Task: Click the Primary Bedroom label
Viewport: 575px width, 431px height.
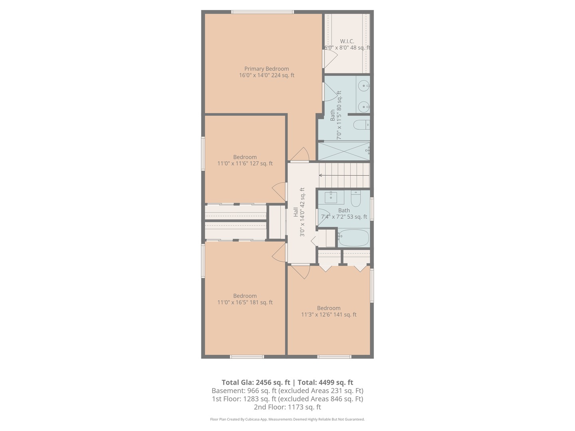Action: point(266,69)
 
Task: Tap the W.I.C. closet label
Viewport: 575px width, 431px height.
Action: point(347,42)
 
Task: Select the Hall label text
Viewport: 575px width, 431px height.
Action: point(296,212)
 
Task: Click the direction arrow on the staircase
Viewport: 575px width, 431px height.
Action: point(344,175)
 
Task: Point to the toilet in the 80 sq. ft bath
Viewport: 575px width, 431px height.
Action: point(361,125)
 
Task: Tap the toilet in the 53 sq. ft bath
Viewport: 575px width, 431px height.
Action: point(356,198)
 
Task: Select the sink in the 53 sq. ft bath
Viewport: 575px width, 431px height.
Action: point(331,197)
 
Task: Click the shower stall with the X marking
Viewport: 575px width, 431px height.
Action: point(344,151)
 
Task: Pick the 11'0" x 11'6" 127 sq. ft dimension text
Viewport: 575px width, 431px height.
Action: point(245,164)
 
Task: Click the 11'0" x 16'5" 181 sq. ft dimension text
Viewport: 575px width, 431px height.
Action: point(245,302)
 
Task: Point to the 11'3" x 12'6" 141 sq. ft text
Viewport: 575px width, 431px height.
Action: point(329,314)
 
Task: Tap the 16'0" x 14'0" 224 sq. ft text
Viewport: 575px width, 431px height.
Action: point(267,75)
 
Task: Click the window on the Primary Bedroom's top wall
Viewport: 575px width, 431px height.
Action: point(262,12)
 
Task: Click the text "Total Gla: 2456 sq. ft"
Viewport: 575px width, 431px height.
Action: point(256,383)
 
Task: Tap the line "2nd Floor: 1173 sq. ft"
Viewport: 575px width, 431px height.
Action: point(287,407)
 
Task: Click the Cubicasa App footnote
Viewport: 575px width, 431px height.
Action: point(287,419)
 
